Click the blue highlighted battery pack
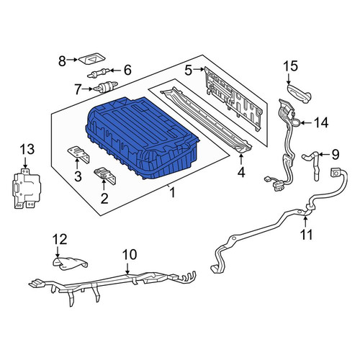pos(142,137)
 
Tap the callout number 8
pos(62,61)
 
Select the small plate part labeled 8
pos(92,58)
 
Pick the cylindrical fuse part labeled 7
pos(106,86)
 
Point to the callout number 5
pos(189,71)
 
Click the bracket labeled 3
pos(78,155)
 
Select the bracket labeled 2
pos(105,176)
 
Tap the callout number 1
pos(172,193)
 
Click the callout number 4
pos(241,172)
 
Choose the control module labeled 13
pos(27,189)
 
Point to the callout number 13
pos(27,149)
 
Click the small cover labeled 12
pos(71,264)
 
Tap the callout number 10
pos(130,255)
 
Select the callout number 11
pos(307,235)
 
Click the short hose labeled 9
pos(312,163)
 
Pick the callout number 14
pos(321,122)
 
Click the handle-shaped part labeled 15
pos(299,93)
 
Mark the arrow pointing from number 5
pos(199,70)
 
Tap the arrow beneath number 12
pos(58,252)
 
